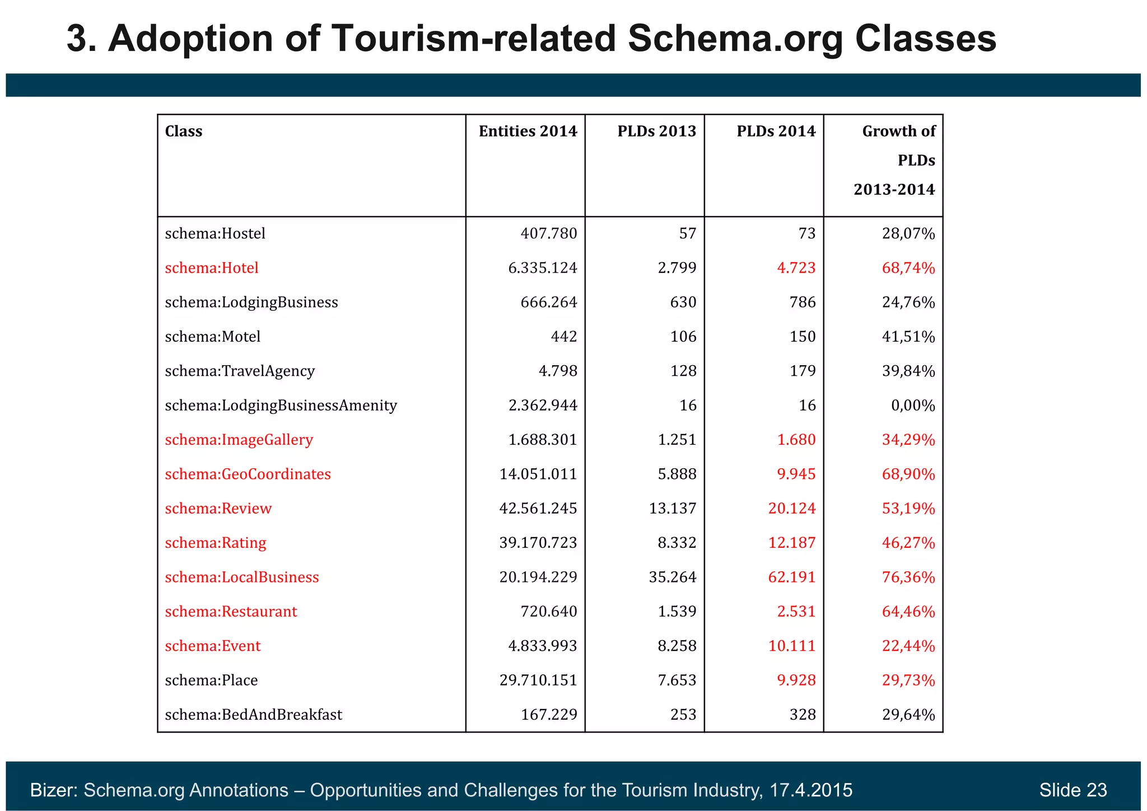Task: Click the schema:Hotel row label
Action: pos(212,268)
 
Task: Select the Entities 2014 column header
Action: pos(528,132)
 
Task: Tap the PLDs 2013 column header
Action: pos(656,132)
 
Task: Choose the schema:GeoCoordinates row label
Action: pos(248,474)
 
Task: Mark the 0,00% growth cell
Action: pos(913,405)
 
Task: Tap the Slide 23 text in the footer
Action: pos(1073,790)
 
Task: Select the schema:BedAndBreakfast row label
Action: pos(253,715)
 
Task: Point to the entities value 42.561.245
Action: pos(538,509)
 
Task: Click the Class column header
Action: pos(184,132)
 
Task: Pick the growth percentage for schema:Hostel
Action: pos(908,234)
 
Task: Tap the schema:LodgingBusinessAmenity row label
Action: pos(281,405)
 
